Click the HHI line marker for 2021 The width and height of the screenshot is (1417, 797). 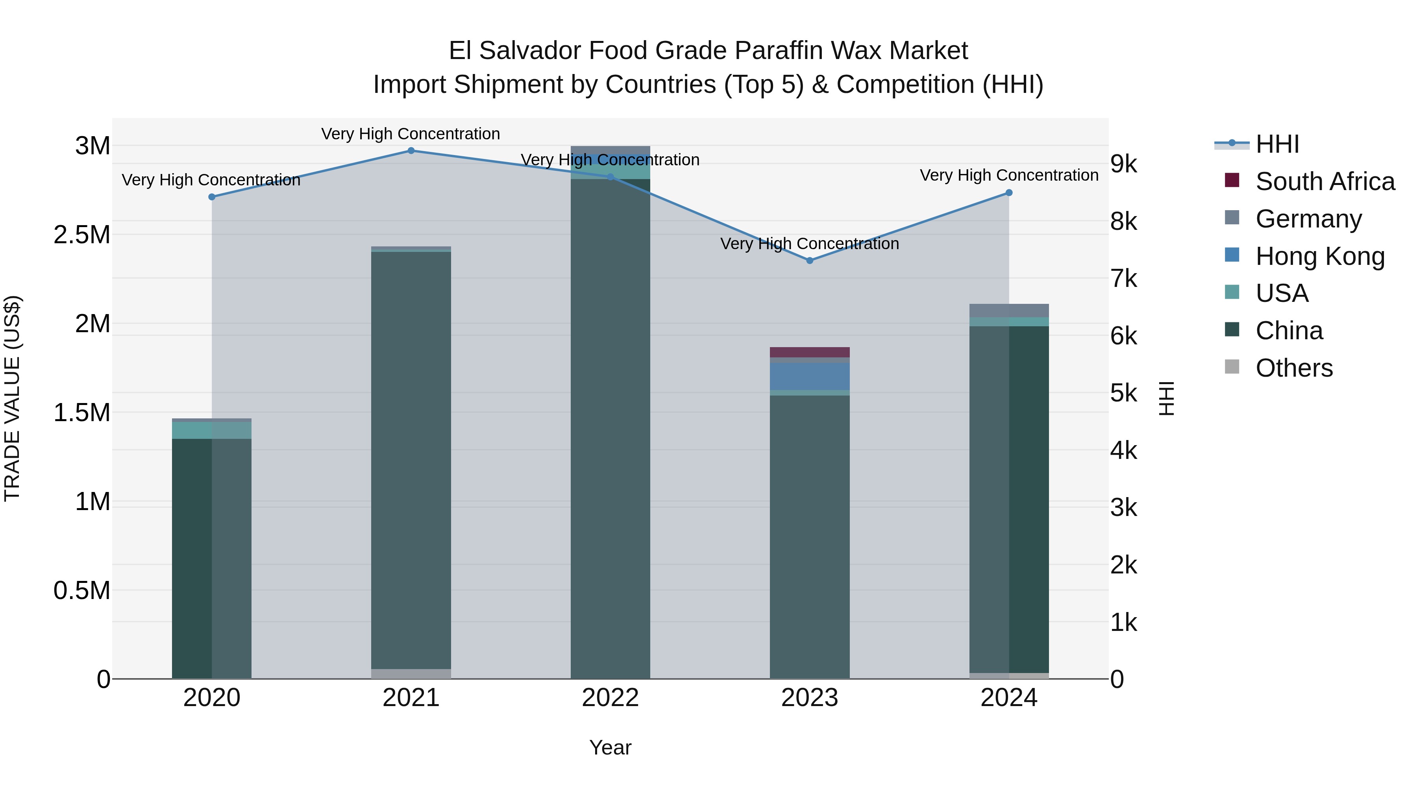(x=411, y=151)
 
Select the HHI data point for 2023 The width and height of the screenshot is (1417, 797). (x=810, y=261)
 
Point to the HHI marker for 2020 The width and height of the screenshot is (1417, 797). (x=212, y=197)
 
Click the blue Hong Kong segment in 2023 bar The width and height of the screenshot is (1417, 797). (x=810, y=376)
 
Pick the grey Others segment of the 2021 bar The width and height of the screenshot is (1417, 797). (x=411, y=674)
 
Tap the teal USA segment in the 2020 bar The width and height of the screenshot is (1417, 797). (x=212, y=430)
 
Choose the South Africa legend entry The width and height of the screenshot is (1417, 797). (x=1325, y=181)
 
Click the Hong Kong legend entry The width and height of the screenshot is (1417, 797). (x=1320, y=256)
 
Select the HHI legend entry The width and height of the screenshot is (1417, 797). (x=1277, y=144)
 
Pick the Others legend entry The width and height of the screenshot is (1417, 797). (x=1294, y=368)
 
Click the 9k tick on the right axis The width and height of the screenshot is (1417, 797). (x=1123, y=164)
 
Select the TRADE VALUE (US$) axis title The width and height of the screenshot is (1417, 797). (x=12, y=398)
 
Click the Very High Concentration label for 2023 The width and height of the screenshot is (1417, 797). (x=810, y=244)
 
